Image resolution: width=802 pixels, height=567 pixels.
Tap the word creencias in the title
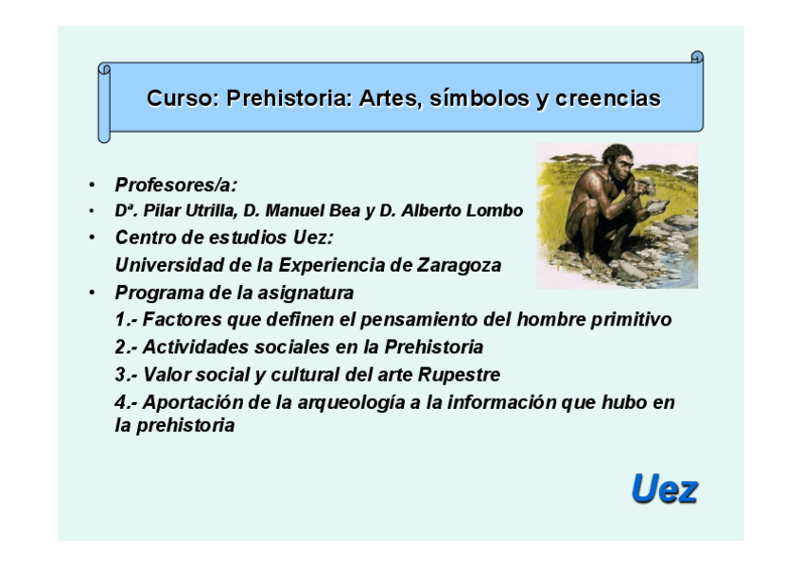pos(608,98)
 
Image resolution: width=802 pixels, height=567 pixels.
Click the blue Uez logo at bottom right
pos(665,489)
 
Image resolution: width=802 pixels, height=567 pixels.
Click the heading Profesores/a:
pos(176,185)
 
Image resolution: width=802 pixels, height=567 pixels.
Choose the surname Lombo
pos(496,211)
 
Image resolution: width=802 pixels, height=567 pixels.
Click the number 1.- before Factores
pos(127,320)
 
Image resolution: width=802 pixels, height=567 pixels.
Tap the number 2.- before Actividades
pos(127,347)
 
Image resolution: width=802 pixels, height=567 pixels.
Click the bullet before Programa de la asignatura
pos(91,292)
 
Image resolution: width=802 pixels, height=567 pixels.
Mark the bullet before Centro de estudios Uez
pos(91,238)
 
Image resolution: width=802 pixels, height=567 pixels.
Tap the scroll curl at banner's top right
pos(696,58)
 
